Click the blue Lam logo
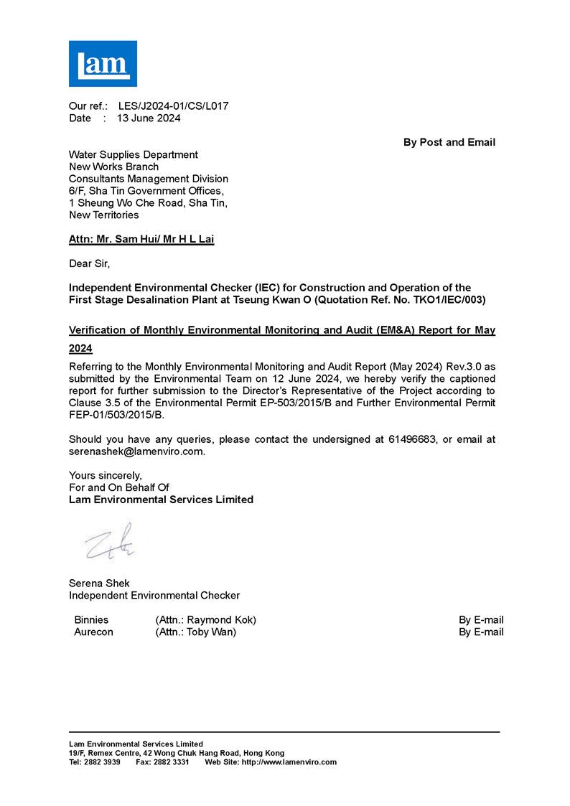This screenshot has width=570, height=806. (103, 63)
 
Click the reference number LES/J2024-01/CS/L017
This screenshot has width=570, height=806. (173, 106)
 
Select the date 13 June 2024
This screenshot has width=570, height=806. (149, 118)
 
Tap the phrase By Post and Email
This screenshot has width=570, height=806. (449, 142)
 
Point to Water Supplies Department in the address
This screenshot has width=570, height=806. (133, 154)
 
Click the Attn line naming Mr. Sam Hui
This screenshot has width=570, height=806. (141, 240)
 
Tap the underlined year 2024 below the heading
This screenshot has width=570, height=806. (80, 349)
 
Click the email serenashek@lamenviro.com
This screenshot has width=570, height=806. (136, 451)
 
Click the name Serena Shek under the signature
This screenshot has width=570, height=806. (99, 583)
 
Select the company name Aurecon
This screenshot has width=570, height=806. (93, 632)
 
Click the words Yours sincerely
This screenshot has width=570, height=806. (105, 475)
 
